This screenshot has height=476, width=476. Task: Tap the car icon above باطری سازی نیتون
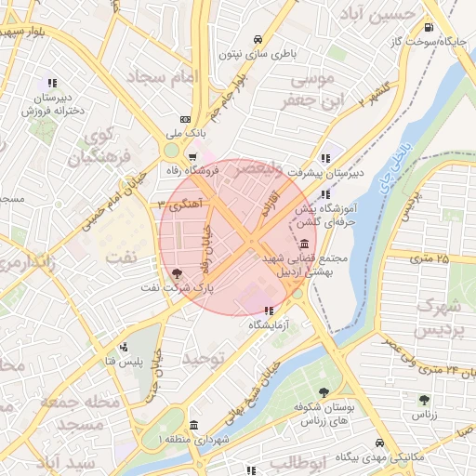coord(257,39)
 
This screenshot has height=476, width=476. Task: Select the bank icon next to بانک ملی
coord(186,119)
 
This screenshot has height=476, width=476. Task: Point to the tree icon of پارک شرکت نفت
coord(177,273)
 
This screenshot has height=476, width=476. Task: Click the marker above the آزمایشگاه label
coord(269,311)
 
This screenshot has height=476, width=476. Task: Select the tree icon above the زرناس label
coord(424,399)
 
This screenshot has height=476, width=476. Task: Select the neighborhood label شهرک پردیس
coord(438,318)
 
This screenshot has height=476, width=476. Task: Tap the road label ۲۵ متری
coord(429,258)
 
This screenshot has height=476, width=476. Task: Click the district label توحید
coord(204,358)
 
